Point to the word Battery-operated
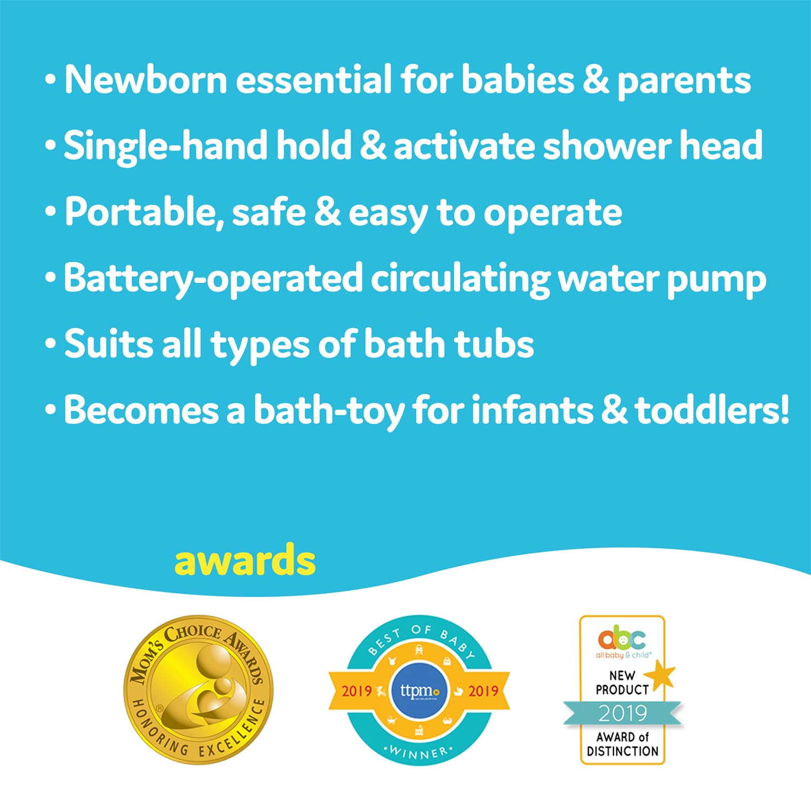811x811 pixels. pyautogui.click(x=213, y=278)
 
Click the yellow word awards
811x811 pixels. pyautogui.click(x=245, y=561)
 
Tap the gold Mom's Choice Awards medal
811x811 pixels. pyautogui.click(x=199, y=690)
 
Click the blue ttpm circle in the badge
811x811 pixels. pyautogui.click(x=419, y=690)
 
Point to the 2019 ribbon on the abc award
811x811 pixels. pyautogui.click(x=622, y=713)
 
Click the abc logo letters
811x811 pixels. pyautogui.click(x=622, y=639)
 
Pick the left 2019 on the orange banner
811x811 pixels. pyautogui.click(x=357, y=690)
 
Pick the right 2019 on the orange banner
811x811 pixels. pyautogui.click(x=483, y=690)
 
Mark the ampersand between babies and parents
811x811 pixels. pyautogui.click(x=596, y=80)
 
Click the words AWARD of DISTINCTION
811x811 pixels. pyautogui.click(x=622, y=744)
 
